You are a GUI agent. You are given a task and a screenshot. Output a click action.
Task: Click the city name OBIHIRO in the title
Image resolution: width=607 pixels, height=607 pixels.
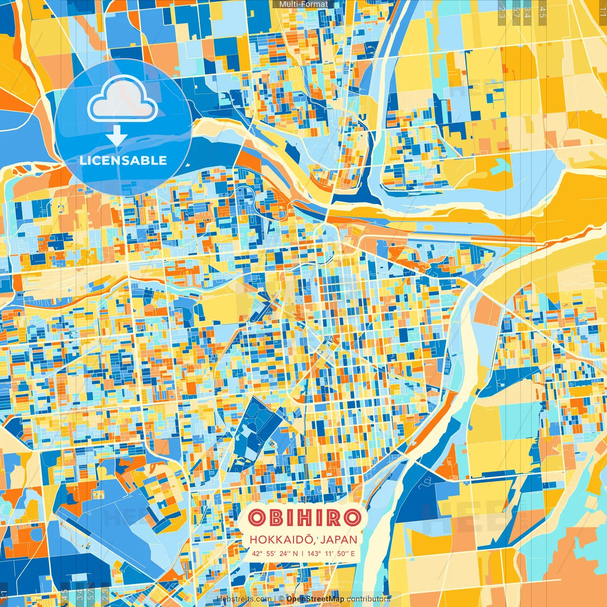point(304,518)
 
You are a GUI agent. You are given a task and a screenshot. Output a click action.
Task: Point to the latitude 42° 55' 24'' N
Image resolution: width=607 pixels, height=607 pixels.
point(275,553)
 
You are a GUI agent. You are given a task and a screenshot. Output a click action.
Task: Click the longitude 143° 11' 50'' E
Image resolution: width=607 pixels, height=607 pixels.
point(331,553)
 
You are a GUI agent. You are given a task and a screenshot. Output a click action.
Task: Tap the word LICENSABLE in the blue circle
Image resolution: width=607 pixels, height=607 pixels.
point(123,160)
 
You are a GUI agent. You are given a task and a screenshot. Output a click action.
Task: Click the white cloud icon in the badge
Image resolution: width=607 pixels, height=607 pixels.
point(123,100)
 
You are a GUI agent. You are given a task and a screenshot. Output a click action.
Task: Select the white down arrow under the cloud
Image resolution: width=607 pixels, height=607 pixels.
point(116,136)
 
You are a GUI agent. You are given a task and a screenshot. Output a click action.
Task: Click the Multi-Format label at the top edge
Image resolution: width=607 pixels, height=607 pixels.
point(303,4)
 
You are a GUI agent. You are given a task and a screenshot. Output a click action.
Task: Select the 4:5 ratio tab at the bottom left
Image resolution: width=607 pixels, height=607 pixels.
point(64,595)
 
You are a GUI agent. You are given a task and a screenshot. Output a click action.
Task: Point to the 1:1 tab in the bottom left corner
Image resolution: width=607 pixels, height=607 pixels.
point(4,595)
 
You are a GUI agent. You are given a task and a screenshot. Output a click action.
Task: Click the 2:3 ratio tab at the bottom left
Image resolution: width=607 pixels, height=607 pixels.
point(105,595)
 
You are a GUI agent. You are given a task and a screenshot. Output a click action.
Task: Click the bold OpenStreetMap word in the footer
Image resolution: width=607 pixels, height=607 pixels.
point(315,599)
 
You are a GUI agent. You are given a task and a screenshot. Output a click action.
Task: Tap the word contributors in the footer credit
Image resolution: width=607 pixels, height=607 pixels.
point(368,599)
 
